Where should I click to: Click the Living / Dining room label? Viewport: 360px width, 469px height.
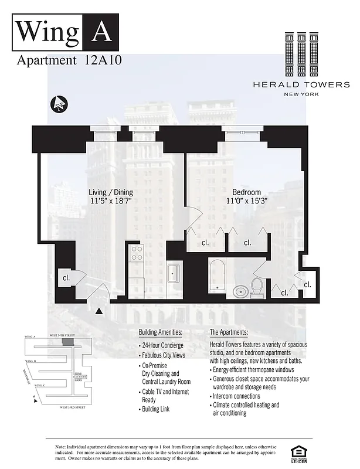coord(111,192)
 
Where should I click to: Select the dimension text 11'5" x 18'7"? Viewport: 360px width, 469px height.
coord(111,201)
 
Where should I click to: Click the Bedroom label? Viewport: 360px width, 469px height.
coord(247,192)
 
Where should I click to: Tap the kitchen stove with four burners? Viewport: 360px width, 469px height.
coord(137,254)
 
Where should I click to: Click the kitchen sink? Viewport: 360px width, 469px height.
coord(174,273)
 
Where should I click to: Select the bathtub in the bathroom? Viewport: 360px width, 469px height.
coord(218,275)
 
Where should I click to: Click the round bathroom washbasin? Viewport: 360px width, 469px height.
coord(240,290)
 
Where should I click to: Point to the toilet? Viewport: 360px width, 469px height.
coord(257,287)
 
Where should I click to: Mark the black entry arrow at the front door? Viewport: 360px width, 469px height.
coord(99,311)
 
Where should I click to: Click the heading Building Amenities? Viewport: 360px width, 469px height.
coord(160,332)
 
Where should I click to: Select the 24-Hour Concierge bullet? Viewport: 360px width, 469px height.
coord(162,345)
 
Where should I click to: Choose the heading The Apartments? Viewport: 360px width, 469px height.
coord(233,332)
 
